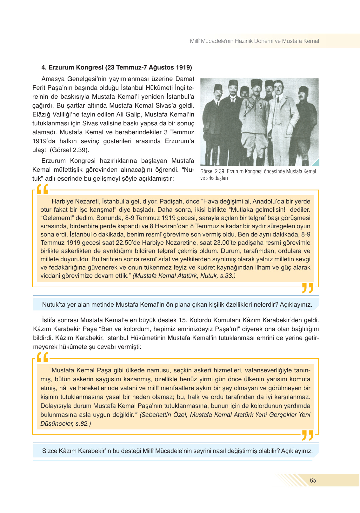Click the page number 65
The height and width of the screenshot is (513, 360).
point(313,480)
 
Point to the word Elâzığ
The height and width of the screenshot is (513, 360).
point(42,114)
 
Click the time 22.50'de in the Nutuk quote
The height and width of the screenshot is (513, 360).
point(145,243)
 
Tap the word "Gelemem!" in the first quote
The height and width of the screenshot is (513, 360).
point(52,218)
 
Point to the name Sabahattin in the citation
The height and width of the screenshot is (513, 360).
point(155,415)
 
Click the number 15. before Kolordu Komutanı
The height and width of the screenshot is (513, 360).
point(183,320)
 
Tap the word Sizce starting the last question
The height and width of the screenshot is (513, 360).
point(50,451)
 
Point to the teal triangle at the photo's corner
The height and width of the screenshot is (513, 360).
point(316,163)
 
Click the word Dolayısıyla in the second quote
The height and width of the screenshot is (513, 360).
point(56,406)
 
